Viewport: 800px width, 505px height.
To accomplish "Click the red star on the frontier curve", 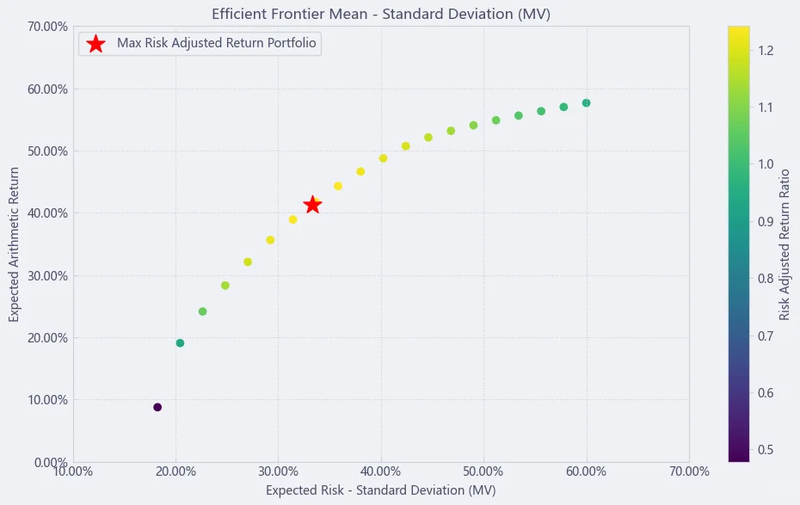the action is coord(312,205).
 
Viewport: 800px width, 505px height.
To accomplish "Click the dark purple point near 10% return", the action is coord(157,407).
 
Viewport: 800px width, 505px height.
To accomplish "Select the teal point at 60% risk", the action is coord(586,103).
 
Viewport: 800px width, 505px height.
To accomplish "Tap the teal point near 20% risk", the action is coord(180,342).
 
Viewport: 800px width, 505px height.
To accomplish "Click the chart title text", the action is coord(381,14).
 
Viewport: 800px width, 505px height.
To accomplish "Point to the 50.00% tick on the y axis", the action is coord(47,151).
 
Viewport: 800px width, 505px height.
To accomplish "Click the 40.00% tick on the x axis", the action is coord(381,471).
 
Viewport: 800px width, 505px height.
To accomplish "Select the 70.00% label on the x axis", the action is coord(689,471).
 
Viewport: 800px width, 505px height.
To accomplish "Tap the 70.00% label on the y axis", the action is coord(47,27).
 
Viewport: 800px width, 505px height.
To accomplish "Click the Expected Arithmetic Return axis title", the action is coord(14,244).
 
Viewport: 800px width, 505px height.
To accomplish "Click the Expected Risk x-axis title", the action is coord(380,490).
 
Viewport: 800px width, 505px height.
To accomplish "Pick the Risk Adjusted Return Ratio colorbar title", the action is coord(785,245).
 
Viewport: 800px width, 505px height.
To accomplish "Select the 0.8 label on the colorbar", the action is coord(766,279).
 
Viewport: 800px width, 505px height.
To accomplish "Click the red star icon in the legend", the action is coord(96,44).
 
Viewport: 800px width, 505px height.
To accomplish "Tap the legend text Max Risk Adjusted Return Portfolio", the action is coord(217,43).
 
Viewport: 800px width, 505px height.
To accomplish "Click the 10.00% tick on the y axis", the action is coord(47,400).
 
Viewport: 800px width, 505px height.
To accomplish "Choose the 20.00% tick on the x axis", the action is coord(176,471).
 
